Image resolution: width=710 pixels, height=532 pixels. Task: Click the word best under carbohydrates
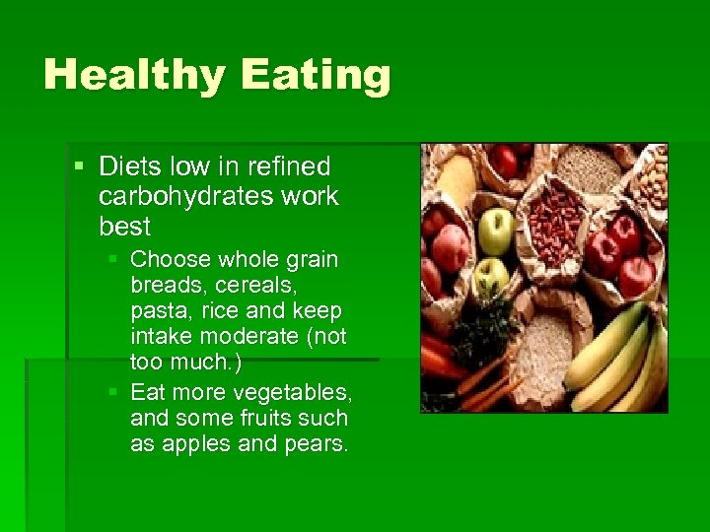coord(124,226)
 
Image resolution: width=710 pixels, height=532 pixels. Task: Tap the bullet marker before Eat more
coord(114,391)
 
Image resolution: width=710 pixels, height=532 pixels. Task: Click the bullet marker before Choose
coord(114,260)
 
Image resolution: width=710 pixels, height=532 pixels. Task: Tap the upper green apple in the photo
coord(495,231)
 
